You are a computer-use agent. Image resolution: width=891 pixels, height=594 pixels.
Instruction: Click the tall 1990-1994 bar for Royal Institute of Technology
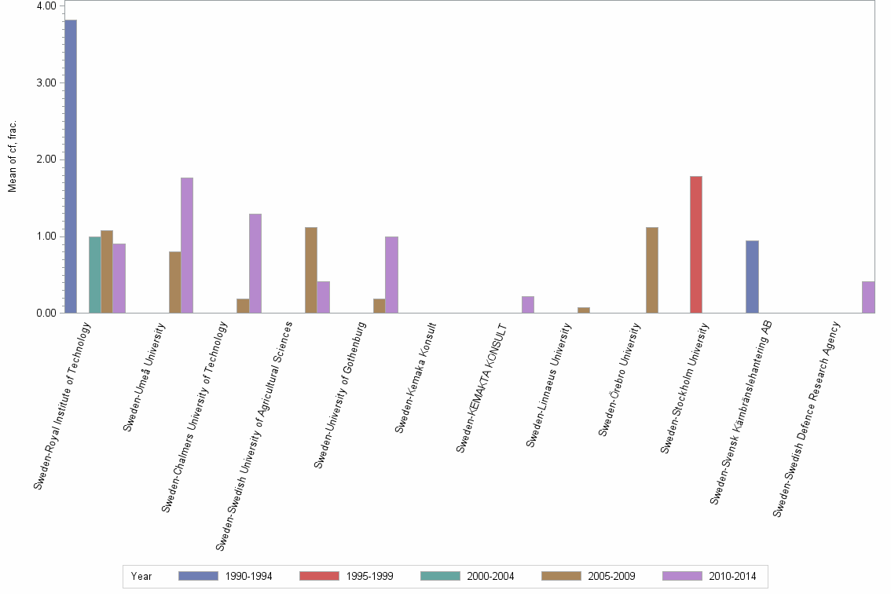(71, 166)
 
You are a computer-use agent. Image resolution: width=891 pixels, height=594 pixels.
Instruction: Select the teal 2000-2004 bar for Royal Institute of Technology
(94, 274)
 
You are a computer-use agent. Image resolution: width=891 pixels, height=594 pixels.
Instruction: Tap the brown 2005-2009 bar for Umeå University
(174, 282)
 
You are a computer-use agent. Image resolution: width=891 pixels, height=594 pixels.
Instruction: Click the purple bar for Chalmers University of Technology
(255, 263)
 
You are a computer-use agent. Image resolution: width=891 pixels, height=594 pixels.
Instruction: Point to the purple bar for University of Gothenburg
(391, 274)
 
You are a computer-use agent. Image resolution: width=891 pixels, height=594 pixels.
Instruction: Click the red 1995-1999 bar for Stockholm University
(696, 244)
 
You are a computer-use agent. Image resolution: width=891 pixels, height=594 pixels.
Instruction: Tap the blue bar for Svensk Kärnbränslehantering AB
(752, 277)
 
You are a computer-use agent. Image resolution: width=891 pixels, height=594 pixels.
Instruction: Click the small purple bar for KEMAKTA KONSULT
(528, 305)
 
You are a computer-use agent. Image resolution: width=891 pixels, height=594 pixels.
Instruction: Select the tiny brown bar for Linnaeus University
(584, 310)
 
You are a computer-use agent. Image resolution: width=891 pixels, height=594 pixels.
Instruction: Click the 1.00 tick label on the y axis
(46, 236)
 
